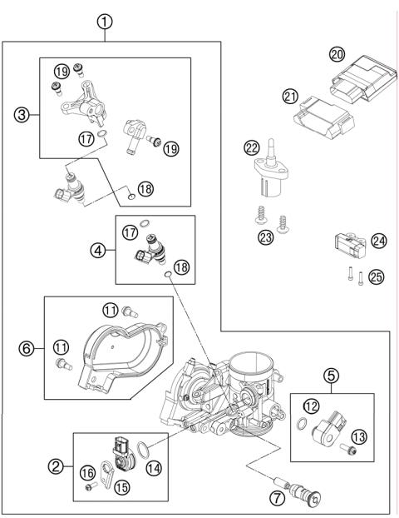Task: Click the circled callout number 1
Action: [x=105, y=22]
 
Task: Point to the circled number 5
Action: [x=332, y=376]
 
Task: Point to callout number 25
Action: [x=377, y=277]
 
